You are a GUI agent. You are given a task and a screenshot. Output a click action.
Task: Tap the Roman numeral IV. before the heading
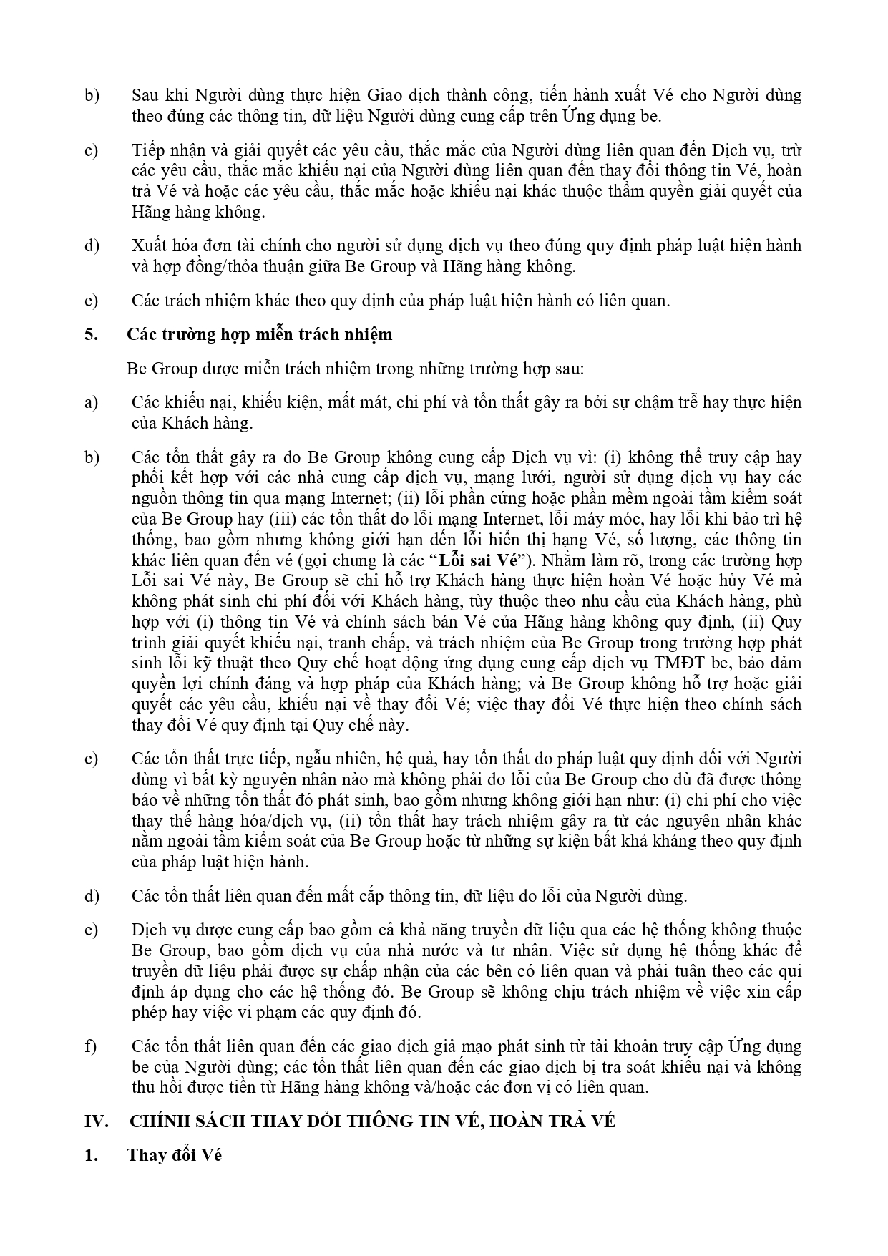(96, 1121)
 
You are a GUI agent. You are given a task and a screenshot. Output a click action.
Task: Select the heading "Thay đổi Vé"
(175, 1155)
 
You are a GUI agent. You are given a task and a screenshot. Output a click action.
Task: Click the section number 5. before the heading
(91, 334)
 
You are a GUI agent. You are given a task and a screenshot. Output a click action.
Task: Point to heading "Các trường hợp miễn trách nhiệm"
(260, 334)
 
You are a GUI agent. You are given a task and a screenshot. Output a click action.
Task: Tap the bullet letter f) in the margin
(90, 1046)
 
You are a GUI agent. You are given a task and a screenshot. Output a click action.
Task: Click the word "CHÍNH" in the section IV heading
(159, 1121)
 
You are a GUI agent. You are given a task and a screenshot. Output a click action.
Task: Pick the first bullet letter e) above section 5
(91, 301)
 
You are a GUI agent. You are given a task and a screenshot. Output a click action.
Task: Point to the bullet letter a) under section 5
(91, 402)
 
